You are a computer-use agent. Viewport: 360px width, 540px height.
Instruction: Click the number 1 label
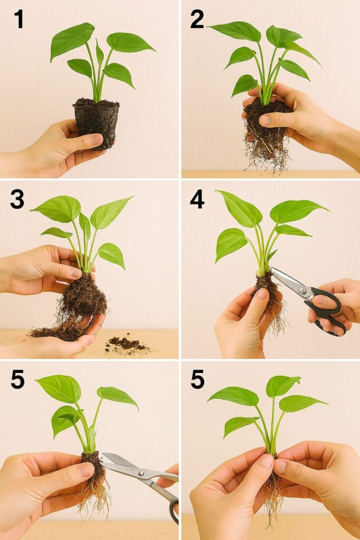[x=18, y=20]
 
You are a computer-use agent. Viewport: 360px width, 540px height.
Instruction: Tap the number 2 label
[x=197, y=20]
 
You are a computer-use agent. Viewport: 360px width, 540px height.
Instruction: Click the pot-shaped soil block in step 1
[x=96, y=123]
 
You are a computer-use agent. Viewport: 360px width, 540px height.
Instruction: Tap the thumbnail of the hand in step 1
[x=97, y=139]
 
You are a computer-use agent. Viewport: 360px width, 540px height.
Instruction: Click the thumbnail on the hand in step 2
[x=265, y=120]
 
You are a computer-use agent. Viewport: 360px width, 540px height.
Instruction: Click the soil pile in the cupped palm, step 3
[x=59, y=331]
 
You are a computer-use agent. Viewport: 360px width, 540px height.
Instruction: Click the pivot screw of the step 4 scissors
[x=303, y=291]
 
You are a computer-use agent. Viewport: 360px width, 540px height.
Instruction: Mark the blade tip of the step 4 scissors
[x=271, y=268]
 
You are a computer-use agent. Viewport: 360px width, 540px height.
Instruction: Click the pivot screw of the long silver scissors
[x=141, y=473]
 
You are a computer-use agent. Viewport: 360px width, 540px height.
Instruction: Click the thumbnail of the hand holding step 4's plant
[x=262, y=294]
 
